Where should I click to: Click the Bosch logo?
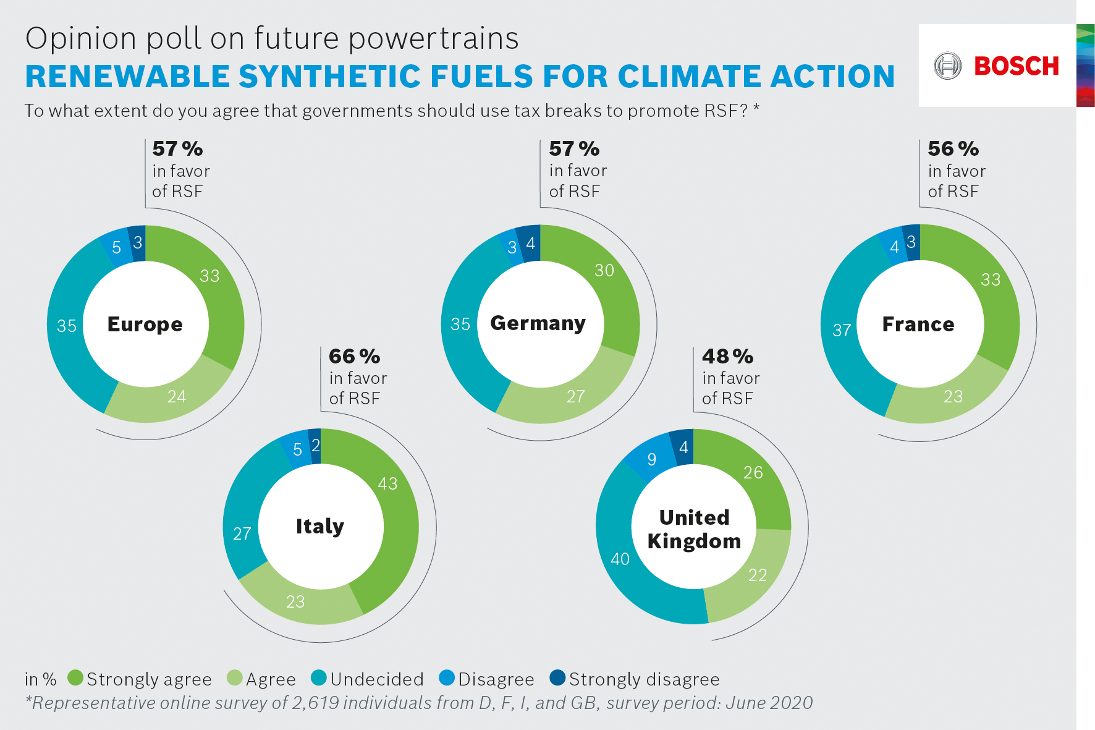[x=997, y=66]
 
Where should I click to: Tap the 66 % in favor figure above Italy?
[x=355, y=357]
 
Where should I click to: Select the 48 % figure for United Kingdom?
[x=727, y=357]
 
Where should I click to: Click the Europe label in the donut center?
[x=145, y=324]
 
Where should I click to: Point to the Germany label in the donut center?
[x=538, y=323]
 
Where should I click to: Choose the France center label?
[x=918, y=324]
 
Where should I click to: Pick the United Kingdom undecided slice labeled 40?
[x=620, y=559]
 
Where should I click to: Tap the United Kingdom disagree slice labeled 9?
[x=651, y=459]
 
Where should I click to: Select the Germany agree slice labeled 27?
[x=575, y=396]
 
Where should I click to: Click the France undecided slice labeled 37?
[x=842, y=330]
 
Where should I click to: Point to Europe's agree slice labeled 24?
[x=177, y=396]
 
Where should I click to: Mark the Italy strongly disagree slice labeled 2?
[x=315, y=445]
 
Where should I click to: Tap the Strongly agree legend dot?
[x=75, y=678]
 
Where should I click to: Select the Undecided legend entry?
[x=368, y=679]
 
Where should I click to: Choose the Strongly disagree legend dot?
[x=557, y=678]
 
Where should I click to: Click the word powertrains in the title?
[x=433, y=38]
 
